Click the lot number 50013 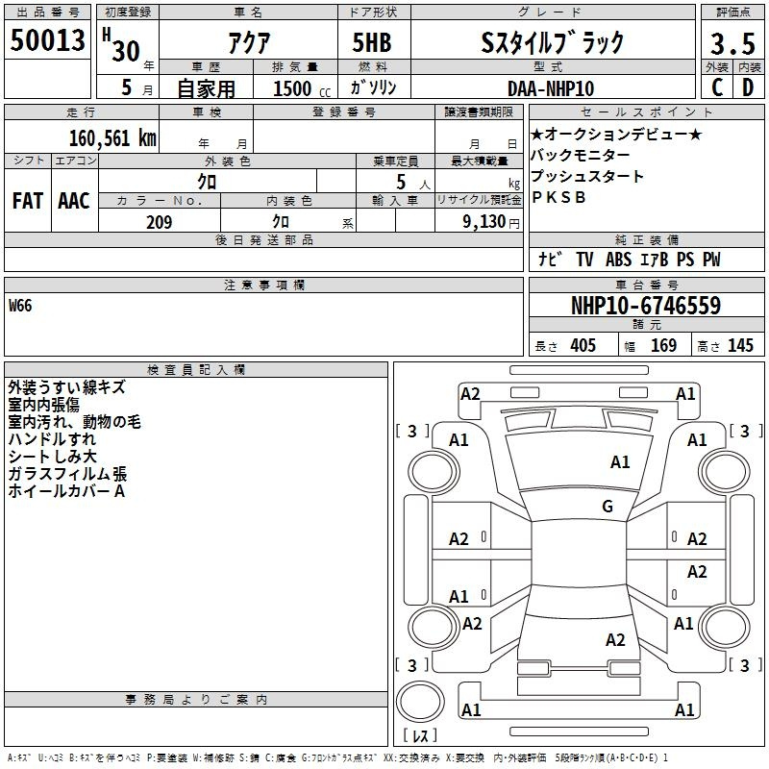pyautogui.click(x=47, y=40)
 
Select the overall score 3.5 pyautogui.click(x=732, y=43)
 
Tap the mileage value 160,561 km pyautogui.click(x=112, y=138)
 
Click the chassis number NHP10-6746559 pyautogui.click(x=646, y=306)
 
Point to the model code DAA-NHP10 pyautogui.click(x=551, y=88)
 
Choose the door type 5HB pyautogui.click(x=372, y=42)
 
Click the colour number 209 pyautogui.click(x=159, y=222)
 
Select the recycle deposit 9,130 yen pyautogui.click(x=491, y=222)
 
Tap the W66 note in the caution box pyautogui.click(x=20, y=306)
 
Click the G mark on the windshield pyautogui.click(x=608, y=506)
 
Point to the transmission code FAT pyautogui.click(x=28, y=201)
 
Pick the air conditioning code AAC pyautogui.click(x=74, y=201)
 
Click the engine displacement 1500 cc pyautogui.click(x=302, y=88)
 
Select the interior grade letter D pyautogui.click(x=748, y=87)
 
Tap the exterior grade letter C pyautogui.click(x=717, y=87)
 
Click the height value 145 pyautogui.click(x=740, y=345)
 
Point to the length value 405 pyautogui.click(x=583, y=345)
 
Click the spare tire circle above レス pyautogui.click(x=420, y=702)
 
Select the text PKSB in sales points pyautogui.click(x=558, y=197)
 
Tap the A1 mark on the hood pyautogui.click(x=620, y=462)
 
